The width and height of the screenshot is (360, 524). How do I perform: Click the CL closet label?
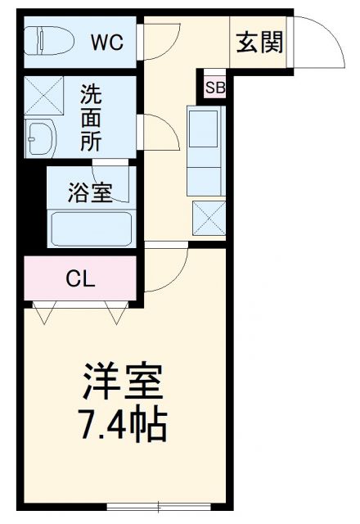point(80,278)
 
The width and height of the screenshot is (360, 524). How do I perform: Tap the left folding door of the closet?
point(45,309)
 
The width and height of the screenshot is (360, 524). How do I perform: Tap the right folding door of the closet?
point(116,309)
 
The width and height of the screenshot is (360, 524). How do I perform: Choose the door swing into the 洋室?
point(168,270)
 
